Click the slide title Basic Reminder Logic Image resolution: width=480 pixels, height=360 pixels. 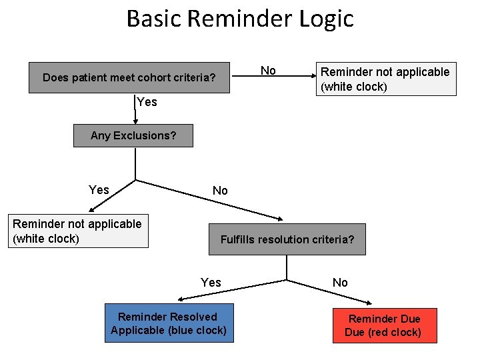pyautogui.click(x=240, y=18)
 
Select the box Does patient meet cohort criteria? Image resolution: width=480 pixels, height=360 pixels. pyautogui.click(x=129, y=78)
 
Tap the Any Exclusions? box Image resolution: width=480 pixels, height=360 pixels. pyautogui.click(x=133, y=135)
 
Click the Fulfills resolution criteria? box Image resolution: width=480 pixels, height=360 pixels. pyautogui.click(x=287, y=239)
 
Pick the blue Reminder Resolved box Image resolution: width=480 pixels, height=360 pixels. pyautogui.click(x=169, y=323)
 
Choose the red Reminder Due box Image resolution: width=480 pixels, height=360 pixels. pyautogui.click(x=385, y=325)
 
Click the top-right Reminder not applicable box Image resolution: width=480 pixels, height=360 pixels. pyautogui.click(x=385, y=79)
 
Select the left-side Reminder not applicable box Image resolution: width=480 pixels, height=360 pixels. pyautogui.click(x=77, y=231)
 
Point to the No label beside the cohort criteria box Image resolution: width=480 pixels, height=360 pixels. pyautogui.click(x=268, y=71)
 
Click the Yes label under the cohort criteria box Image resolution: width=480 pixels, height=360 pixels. pyautogui.click(x=147, y=102)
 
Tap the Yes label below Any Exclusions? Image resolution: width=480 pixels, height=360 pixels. pyautogui.click(x=99, y=190)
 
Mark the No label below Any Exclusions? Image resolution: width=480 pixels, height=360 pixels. pyautogui.click(x=220, y=191)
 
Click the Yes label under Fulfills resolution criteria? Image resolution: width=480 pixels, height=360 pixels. pyautogui.click(x=211, y=283)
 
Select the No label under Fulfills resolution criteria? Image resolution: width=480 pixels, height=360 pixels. pyautogui.click(x=340, y=283)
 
